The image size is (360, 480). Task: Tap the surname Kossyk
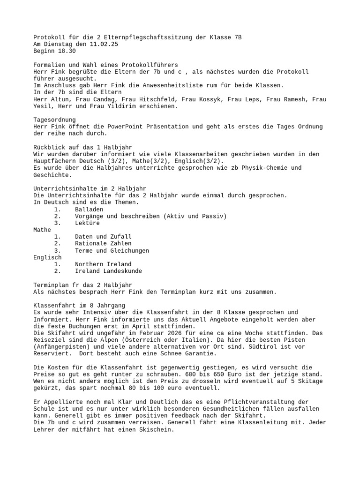[211, 99]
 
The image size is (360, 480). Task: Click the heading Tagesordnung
[54, 120]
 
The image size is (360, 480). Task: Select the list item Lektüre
[87, 223]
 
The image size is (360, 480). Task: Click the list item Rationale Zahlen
[103, 243]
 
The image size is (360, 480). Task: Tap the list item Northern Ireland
[103, 264]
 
